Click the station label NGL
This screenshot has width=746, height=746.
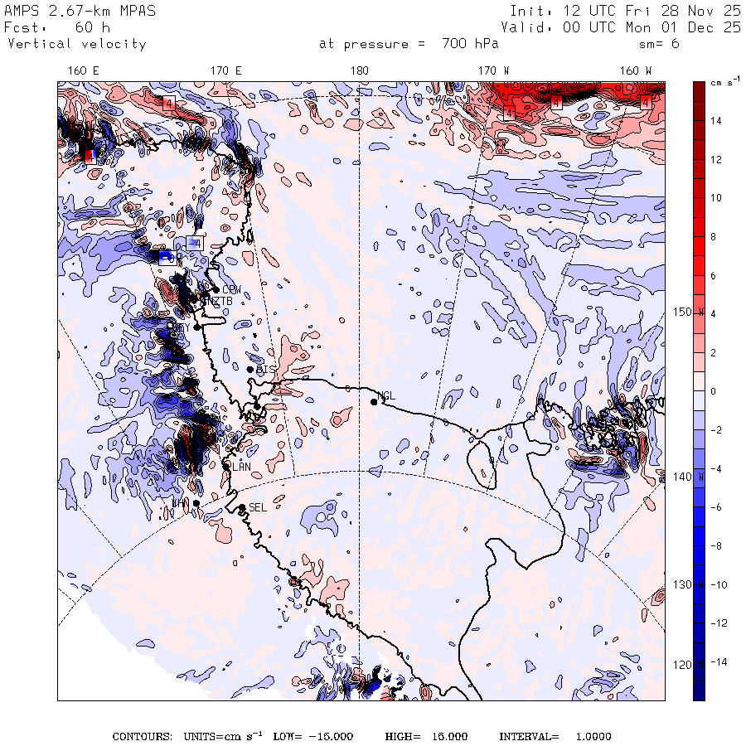pyautogui.click(x=386, y=395)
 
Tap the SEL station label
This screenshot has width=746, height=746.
pyautogui.click(x=258, y=507)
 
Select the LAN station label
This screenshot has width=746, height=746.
pyautogui.click(x=241, y=467)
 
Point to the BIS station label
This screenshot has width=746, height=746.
pyautogui.click(x=265, y=369)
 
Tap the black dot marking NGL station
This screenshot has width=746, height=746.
pyautogui.click(x=374, y=402)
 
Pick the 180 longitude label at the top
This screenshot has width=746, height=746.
pyautogui.click(x=359, y=71)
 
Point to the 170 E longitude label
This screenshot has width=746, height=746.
pyautogui.click(x=226, y=71)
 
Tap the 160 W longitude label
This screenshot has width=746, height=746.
pyautogui.click(x=636, y=71)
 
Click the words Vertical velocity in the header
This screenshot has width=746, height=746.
pyautogui.click(x=77, y=44)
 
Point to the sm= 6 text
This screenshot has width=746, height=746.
pyautogui.click(x=659, y=44)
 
